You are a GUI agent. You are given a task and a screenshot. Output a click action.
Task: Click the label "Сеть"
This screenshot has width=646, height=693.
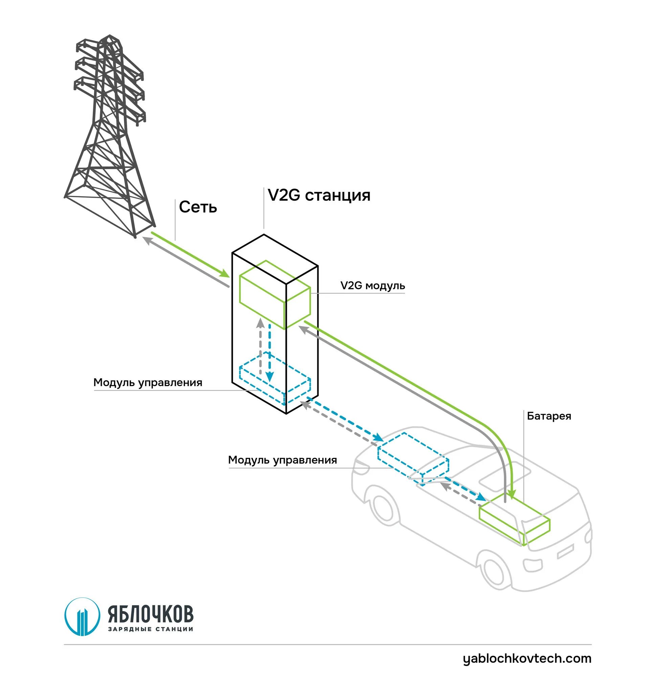pyautogui.click(x=198, y=207)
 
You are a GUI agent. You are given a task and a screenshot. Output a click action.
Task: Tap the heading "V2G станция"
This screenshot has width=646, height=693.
pyautogui.click(x=319, y=195)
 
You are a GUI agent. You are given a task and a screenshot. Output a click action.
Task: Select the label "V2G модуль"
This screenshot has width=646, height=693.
pyautogui.click(x=372, y=286)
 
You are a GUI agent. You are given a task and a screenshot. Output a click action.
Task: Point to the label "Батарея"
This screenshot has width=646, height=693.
pyautogui.click(x=549, y=416)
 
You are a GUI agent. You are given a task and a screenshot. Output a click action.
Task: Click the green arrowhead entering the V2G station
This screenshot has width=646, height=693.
pyautogui.click(x=225, y=274)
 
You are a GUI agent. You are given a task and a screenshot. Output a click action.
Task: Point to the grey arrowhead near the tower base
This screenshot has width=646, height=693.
pyautogui.click(x=147, y=240)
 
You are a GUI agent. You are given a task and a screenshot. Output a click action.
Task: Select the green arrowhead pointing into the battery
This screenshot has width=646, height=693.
pyautogui.click(x=511, y=495)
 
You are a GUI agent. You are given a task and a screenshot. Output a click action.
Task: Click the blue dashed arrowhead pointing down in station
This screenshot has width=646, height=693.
pyautogui.click(x=269, y=377)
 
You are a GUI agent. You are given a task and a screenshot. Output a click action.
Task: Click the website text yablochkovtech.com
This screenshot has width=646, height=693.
pyautogui.click(x=527, y=658)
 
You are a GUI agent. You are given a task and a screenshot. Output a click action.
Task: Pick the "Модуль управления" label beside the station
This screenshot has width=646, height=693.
pyautogui.click(x=148, y=382)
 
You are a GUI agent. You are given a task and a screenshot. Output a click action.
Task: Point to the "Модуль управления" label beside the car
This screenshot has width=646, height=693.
pyautogui.click(x=282, y=460)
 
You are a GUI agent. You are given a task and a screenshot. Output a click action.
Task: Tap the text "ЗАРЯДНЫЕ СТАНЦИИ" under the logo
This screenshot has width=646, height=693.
pyautogui.click(x=151, y=629)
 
